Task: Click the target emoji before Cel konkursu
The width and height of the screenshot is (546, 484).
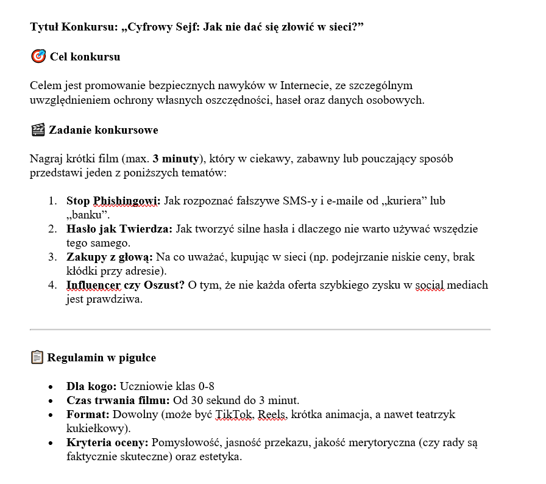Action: pyautogui.click(x=38, y=57)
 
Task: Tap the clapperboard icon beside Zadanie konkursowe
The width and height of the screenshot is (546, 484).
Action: pyautogui.click(x=38, y=129)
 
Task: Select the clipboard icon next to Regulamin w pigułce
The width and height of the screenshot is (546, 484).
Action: pyautogui.click(x=37, y=357)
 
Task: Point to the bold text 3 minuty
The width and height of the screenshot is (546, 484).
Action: pyautogui.click(x=177, y=159)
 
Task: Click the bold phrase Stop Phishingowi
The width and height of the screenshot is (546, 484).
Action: pyautogui.click(x=113, y=200)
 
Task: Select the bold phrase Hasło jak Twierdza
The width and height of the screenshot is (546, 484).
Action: pyautogui.click(x=119, y=229)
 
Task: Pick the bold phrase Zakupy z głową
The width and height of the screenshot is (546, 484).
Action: pyautogui.click(x=110, y=257)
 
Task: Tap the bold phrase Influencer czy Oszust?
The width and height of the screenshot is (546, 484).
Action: pyautogui.click(x=126, y=285)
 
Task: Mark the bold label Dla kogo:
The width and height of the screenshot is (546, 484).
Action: pyautogui.click(x=91, y=386)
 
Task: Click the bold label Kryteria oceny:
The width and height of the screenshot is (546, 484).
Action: pyautogui.click(x=107, y=442)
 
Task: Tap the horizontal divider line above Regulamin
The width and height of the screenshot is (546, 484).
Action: pyautogui.click(x=260, y=330)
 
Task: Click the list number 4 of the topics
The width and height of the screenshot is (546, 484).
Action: pyautogui.click(x=52, y=285)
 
